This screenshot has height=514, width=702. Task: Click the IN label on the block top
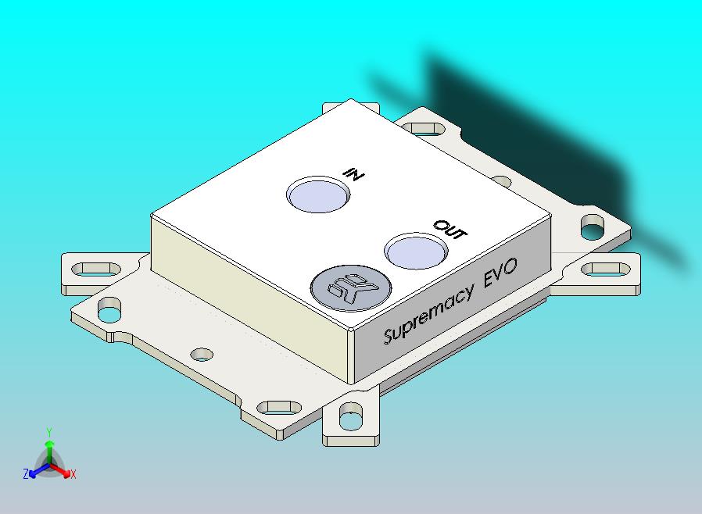pyautogui.click(x=354, y=173)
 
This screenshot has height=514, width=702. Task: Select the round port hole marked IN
pyautogui.click(x=317, y=195)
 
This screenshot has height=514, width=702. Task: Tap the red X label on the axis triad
pyautogui.click(x=73, y=474)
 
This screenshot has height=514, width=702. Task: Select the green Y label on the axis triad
pyautogui.click(x=49, y=432)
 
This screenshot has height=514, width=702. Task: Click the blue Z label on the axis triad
pyautogui.click(x=26, y=474)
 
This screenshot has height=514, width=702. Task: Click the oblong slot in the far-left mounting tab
pyautogui.click(x=92, y=270)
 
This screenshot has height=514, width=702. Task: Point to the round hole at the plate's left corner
pyautogui.click(x=109, y=313)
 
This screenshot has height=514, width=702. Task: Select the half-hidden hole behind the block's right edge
pyautogui.click(x=503, y=182)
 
